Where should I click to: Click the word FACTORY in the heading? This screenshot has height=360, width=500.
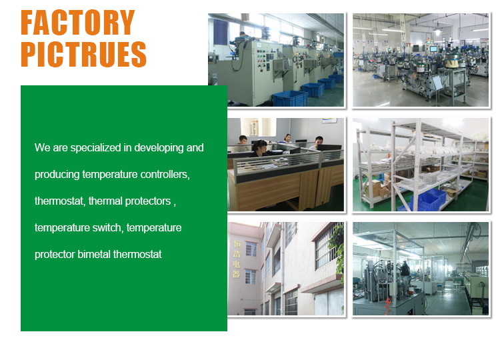[77, 23]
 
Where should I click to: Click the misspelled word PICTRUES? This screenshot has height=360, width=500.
[83, 54]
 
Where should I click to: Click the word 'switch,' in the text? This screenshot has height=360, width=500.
[107, 227]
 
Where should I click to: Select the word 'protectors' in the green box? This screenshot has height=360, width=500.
[147, 201]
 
